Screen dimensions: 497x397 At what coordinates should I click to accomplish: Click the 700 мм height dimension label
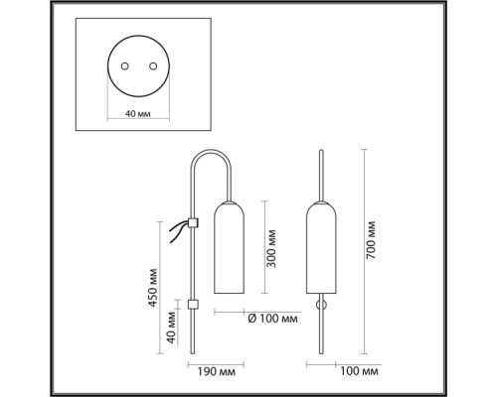pyautogui.click(x=372, y=240)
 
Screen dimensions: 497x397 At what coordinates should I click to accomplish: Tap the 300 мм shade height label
pyautogui.click(x=271, y=248)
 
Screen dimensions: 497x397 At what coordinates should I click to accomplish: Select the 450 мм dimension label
pyautogui.click(x=152, y=288)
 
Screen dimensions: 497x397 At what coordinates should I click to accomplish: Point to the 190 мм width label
pyautogui.click(x=217, y=371)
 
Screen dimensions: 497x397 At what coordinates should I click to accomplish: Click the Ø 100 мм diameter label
pyautogui.click(x=272, y=319)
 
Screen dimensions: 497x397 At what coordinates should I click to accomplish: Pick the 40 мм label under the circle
pyautogui.click(x=138, y=114)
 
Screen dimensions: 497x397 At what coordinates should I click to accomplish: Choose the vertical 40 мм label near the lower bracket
pyautogui.click(x=171, y=328)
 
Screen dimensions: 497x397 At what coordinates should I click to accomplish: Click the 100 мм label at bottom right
pyautogui.click(x=359, y=371)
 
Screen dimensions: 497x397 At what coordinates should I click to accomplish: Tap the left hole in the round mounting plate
pyautogui.click(x=124, y=66)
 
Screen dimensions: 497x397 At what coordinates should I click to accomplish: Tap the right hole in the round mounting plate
pyautogui.click(x=153, y=66)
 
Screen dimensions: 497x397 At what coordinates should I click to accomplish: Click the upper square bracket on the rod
pyautogui.click(x=193, y=222)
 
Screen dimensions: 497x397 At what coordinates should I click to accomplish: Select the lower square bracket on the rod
pyautogui.click(x=193, y=305)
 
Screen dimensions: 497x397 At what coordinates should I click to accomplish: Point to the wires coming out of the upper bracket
pyautogui.click(x=179, y=231)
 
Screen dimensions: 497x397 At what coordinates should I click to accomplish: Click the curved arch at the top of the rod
pyautogui.click(x=211, y=152)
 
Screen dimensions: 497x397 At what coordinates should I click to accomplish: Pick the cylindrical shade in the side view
pyautogui.click(x=230, y=247)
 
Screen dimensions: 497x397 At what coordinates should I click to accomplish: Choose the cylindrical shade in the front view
pyautogui.click(x=321, y=247)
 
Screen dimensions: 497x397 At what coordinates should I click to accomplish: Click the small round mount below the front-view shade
pyautogui.click(x=321, y=305)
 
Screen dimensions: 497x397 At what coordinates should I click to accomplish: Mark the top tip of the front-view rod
pyautogui.click(x=321, y=151)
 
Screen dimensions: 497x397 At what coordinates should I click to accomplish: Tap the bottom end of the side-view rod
pyautogui.click(x=193, y=352)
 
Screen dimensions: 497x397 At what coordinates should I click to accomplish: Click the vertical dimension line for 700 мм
pyautogui.click(x=365, y=252)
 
